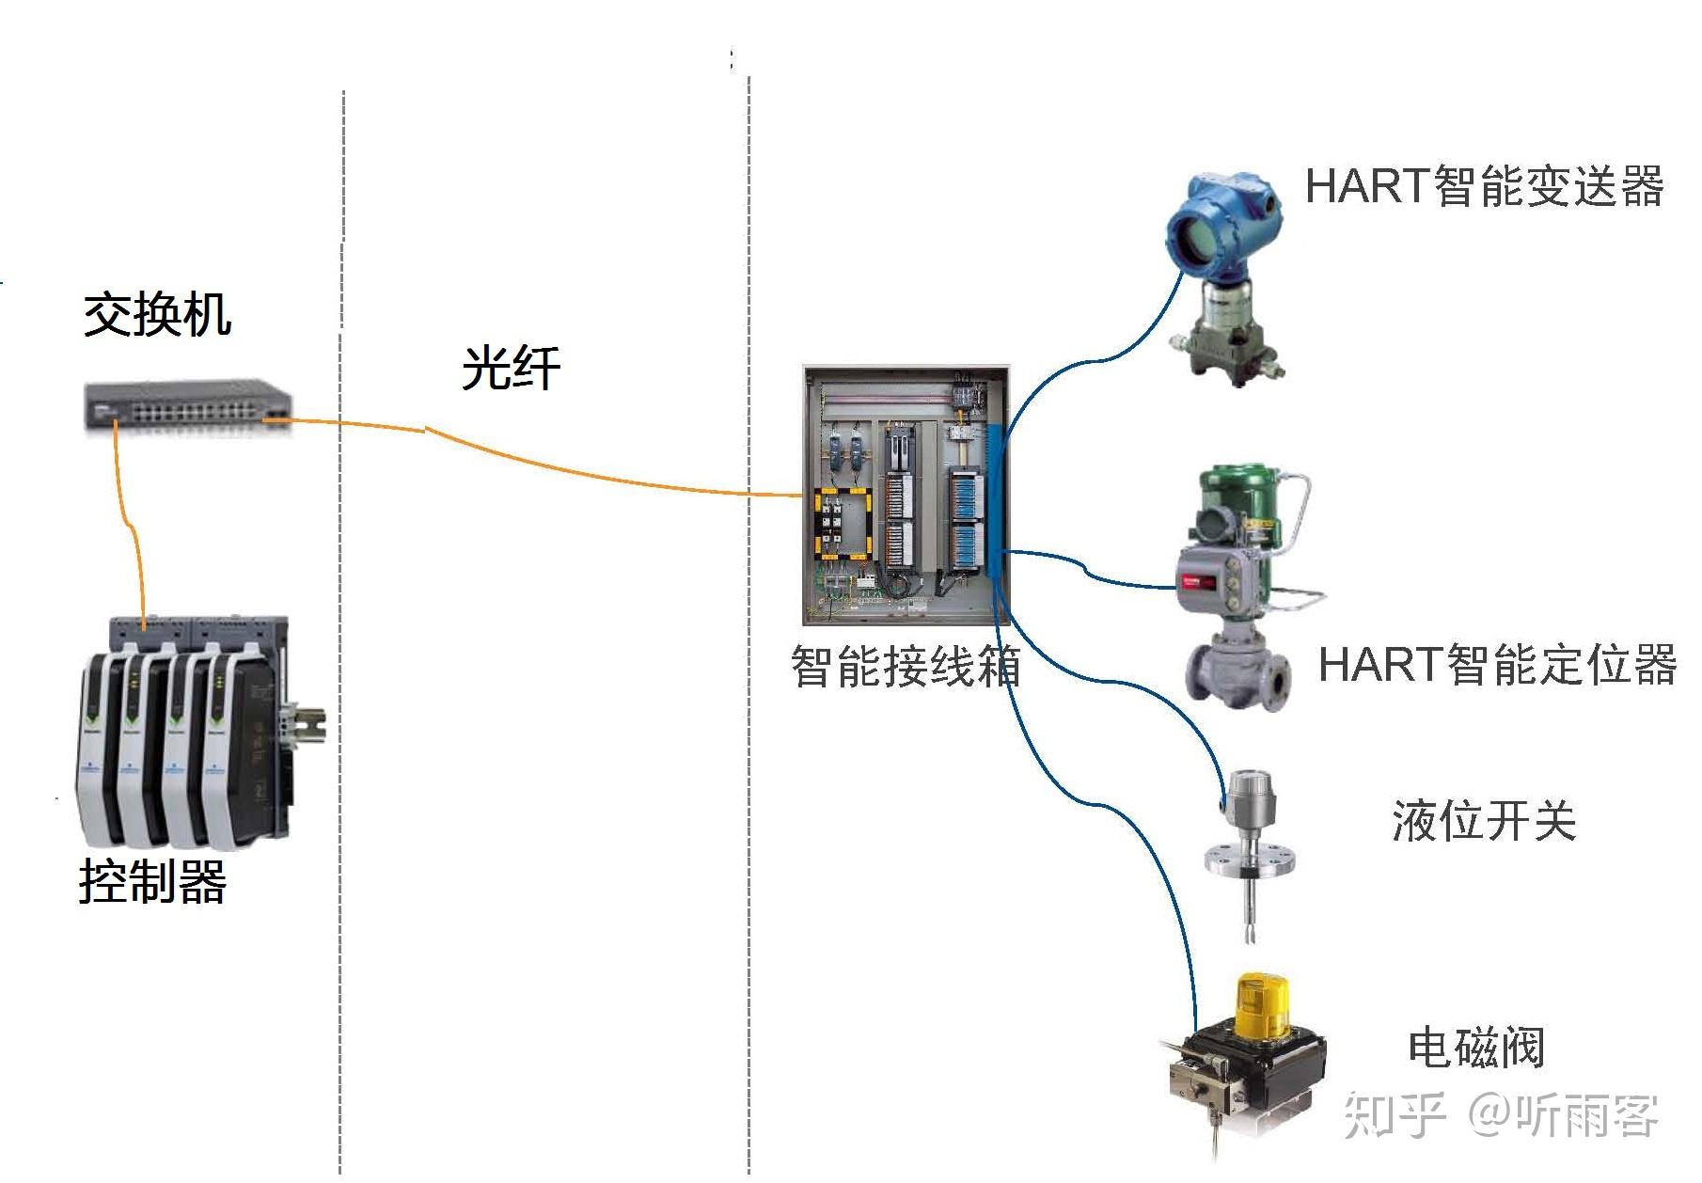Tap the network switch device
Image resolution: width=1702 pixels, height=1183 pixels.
(x=188, y=405)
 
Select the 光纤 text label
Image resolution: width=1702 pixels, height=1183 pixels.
(x=511, y=367)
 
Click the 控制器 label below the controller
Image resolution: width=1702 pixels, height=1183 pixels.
(x=152, y=881)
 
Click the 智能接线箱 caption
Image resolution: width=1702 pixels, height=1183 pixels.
(x=906, y=666)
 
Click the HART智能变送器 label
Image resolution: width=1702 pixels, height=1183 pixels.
(x=1485, y=185)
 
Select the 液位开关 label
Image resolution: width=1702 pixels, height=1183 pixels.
(x=1484, y=820)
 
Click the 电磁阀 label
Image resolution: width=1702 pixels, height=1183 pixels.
(x=1475, y=1047)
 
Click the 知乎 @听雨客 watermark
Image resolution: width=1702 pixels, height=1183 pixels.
(x=1500, y=1115)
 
